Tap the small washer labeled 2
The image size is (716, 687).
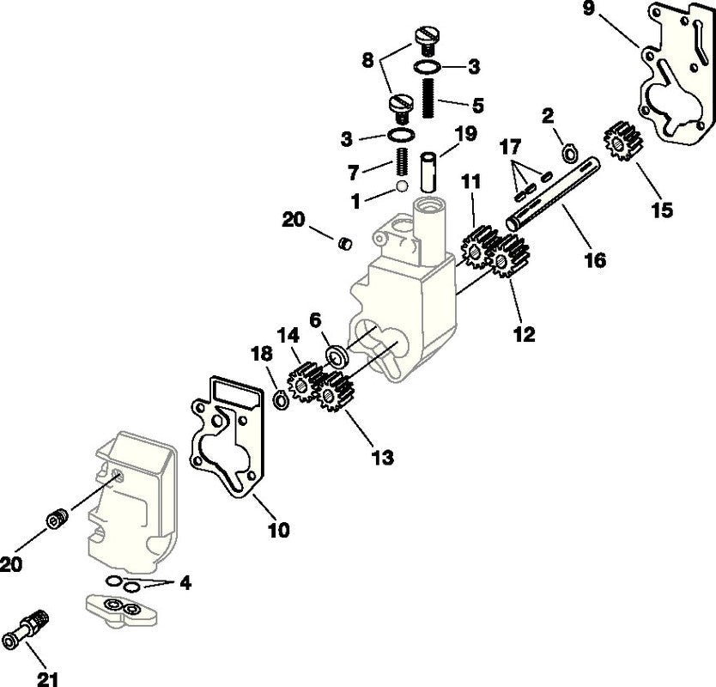569,155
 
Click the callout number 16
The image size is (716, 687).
594,259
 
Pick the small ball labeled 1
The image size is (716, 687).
400,186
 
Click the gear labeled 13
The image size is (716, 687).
336,394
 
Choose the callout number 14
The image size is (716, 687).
288,335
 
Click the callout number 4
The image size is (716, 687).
185,582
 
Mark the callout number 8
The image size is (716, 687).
367,60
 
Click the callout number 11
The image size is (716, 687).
471,182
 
